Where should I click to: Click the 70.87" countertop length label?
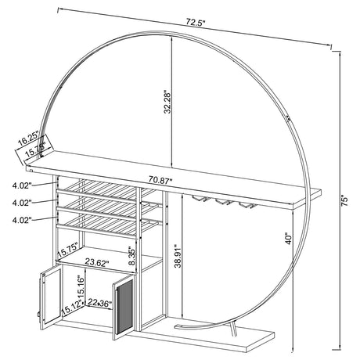click(153, 180)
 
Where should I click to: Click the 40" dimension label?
click(290, 238)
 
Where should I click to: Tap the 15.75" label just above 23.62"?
click(69, 249)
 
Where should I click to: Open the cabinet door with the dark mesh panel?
click(121, 308)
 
